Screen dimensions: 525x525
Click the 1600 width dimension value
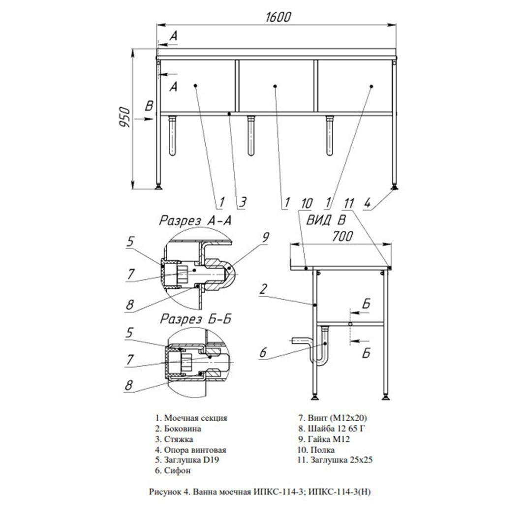(x=278, y=17)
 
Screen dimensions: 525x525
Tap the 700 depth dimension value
(x=342, y=236)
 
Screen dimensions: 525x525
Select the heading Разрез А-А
(x=195, y=221)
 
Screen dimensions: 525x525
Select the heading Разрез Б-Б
(x=196, y=319)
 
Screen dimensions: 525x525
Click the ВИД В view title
(x=326, y=220)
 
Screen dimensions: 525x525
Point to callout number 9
(x=265, y=237)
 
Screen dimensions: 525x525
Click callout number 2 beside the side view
(x=264, y=289)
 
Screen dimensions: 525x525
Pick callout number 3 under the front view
(x=243, y=202)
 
